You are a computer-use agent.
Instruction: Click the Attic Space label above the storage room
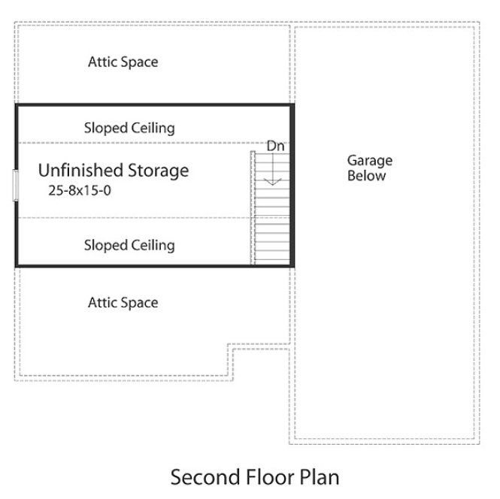[x=123, y=62]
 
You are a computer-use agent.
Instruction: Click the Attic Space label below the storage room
[x=123, y=303]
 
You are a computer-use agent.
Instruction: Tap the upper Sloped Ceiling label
[x=129, y=128]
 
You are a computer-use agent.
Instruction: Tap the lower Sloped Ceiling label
[x=129, y=245]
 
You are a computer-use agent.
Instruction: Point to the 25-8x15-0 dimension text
[x=80, y=191]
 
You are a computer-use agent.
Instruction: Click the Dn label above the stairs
[x=275, y=146]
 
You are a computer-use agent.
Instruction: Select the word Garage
[x=369, y=161]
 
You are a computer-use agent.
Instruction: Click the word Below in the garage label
[x=366, y=176]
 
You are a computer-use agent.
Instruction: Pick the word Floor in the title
[x=262, y=476]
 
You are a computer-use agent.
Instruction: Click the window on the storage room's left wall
[x=15, y=185]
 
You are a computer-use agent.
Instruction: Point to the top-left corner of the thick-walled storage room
[x=17, y=105]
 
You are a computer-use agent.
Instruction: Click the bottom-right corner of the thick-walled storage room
[x=293, y=265]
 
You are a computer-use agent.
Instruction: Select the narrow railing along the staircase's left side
[x=253, y=207]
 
